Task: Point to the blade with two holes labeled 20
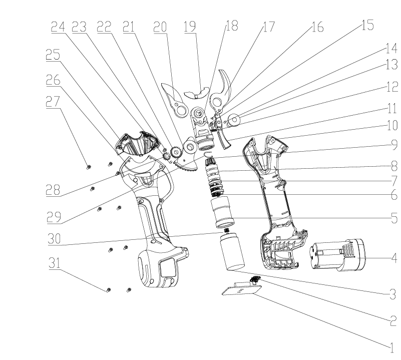[x=175, y=100]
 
